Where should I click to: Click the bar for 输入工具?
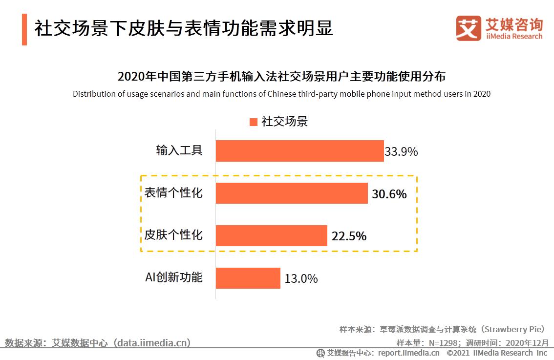click(x=299, y=151)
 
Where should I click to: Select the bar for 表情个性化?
click(x=291, y=193)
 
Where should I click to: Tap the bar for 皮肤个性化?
click(x=271, y=235)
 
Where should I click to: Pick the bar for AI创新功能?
click(x=248, y=278)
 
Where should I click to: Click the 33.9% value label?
click(x=401, y=152)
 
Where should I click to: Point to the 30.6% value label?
click(x=389, y=194)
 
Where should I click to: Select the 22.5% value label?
click(x=349, y=236)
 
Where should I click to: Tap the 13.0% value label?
click(x=301, y=279)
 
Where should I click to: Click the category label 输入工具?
click(x=179, y=150)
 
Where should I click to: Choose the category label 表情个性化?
click(x=173, y=193)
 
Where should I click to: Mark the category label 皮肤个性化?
click(x=173, y=235)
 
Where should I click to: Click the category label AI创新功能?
click(x=173, y=277)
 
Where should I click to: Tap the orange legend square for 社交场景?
click(x=253, y=122)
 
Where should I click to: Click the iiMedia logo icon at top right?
click(x=468, y=28)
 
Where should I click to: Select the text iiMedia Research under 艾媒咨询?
click(x=514, y=36)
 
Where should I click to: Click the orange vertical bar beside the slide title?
click(x=24, y=29)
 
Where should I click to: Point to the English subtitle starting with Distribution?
click(x=281, y=94)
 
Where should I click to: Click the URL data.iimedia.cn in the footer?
click(x=152, y=343)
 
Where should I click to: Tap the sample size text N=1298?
click(x=443, y=342)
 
